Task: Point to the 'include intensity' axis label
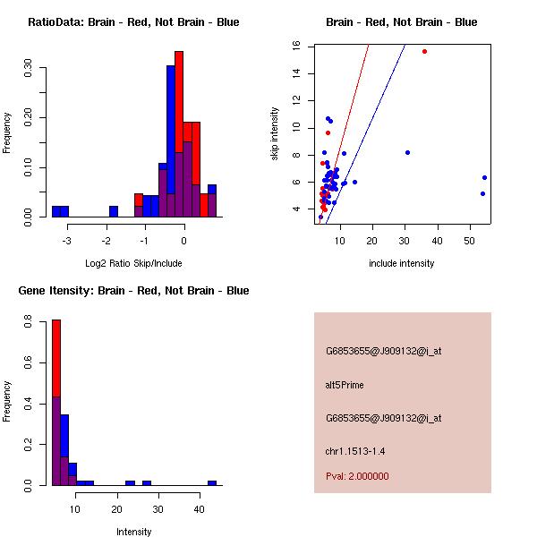(401, 263)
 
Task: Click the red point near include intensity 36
(424, 51)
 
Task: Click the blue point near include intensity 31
(407, 152)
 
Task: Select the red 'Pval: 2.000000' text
(357, 476)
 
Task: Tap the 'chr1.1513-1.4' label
(355, 451)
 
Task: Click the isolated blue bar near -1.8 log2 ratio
(114, 211)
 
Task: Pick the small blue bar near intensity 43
(212, 482)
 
